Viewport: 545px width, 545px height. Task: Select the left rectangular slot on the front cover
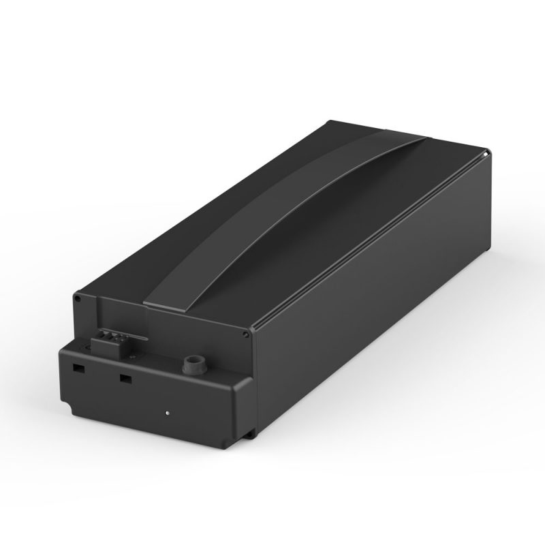point(79,367)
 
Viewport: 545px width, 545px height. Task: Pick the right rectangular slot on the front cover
point(125,377)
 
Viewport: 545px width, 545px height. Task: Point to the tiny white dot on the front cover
point(168,412)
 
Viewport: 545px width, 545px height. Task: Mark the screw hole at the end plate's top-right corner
point(243,334)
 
